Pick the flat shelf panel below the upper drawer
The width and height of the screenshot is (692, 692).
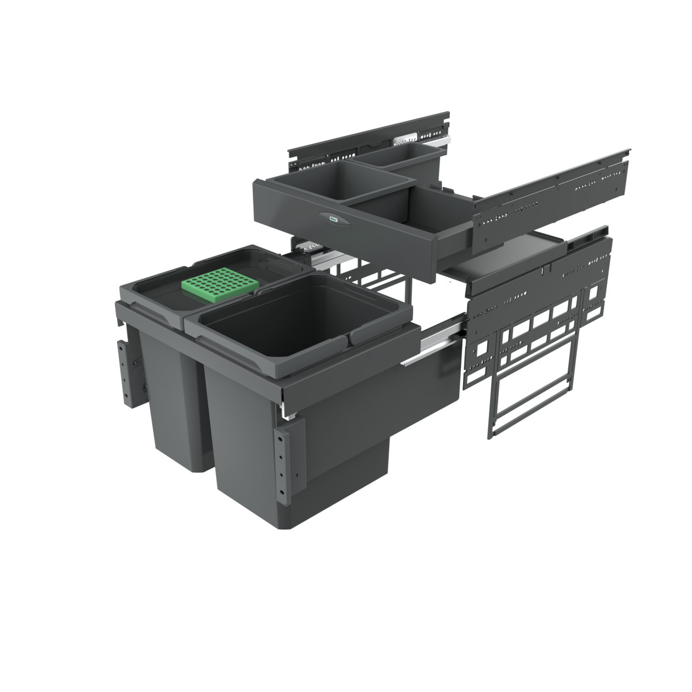coord(503,259)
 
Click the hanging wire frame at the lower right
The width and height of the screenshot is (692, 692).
coord(533,400)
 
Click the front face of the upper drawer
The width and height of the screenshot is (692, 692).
coord(346,232)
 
